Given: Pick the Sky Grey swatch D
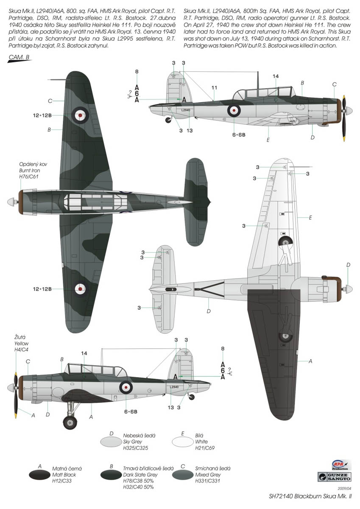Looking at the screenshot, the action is pos(111,441).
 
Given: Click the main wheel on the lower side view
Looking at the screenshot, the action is pos(70,422).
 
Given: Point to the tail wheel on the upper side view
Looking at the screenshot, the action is pos(169,120).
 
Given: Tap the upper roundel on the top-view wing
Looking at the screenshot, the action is pos(80,113).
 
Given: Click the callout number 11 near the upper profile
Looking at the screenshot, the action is pos(215,87).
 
